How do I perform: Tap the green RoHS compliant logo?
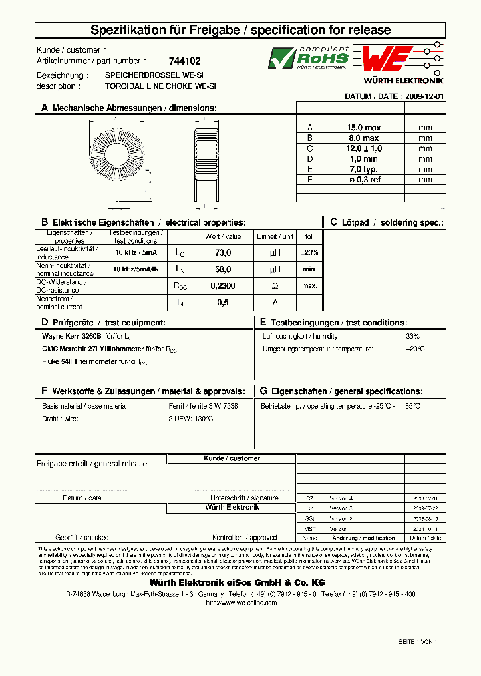(x=308, y=58)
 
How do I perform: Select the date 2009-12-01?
(x=424, y=96)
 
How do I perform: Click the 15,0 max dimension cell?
(x=363, y=128)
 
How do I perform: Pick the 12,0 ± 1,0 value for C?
(x=363, y=148)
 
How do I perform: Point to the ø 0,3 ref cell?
(x=363, y=179)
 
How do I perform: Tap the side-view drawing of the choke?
(x=206, y=156)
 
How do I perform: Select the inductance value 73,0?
(x=223, y=253)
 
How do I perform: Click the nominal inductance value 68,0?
(x=223, y=269)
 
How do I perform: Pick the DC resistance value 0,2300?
(x=223, y=285)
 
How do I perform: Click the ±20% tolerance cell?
(x=309, y=253)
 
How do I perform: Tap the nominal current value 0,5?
(x=223, y=302)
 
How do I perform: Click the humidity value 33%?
(x=413, y=336)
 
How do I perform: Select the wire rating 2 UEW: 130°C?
(x=191, y=419)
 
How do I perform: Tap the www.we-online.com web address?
(x=240, y=602)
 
